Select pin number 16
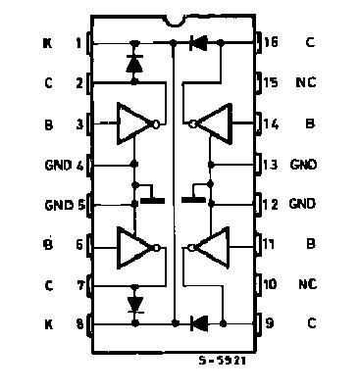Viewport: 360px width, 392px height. (x=271, y=43)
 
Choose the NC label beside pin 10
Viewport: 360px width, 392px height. (x=305, y=284)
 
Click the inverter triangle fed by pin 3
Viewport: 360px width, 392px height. (x=133, y=123)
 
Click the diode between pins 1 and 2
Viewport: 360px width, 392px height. (x=134, y=64)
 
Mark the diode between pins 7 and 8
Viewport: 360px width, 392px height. (x=134, y=303)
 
